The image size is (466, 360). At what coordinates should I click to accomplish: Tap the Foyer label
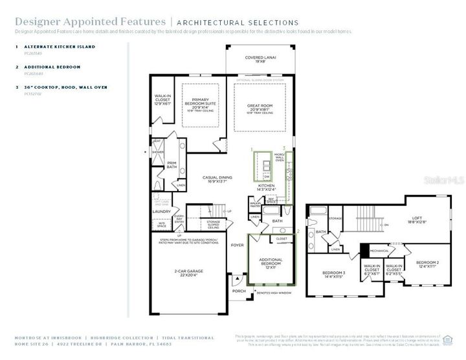point(238,246)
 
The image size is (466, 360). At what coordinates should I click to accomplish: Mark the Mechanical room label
point(379,249)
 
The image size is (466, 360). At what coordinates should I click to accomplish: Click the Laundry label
point(162,211)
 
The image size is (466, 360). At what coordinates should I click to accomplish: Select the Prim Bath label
point(172,164)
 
